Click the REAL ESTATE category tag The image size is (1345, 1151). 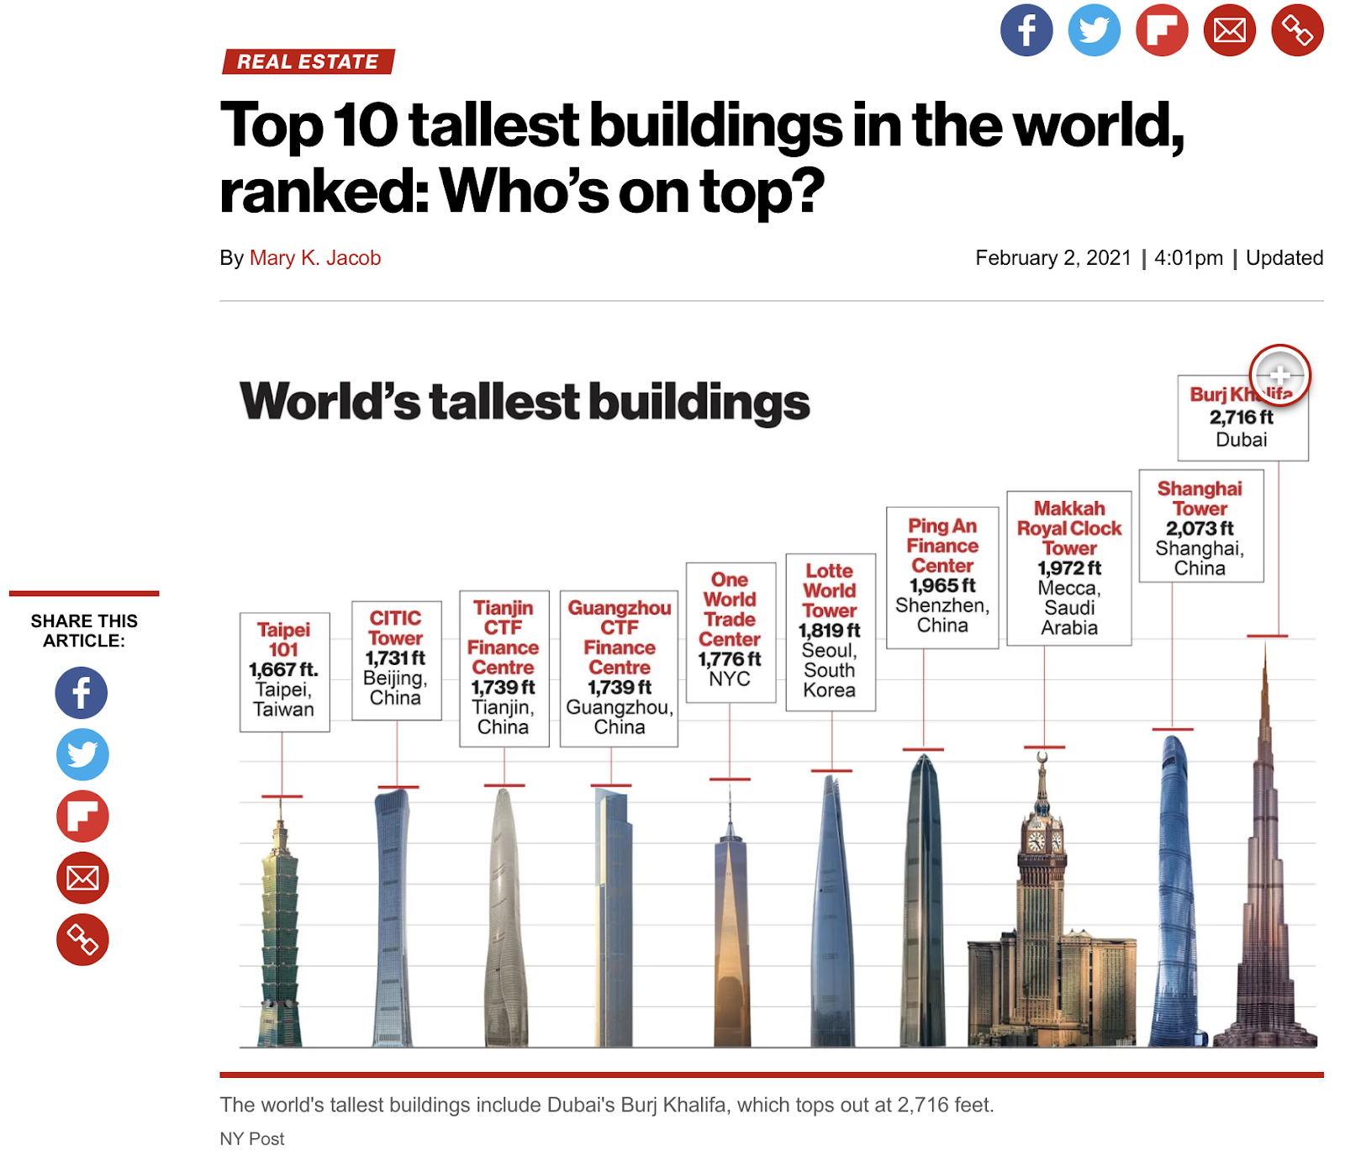pyautogui.click(x=308, y=61)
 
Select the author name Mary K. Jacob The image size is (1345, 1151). pyautogui.click(x=315, y=258)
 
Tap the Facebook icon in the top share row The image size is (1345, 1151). pyautogui.click(x=1026, y=30)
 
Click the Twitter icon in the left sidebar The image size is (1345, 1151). pyautogui.click(x=82, y=754)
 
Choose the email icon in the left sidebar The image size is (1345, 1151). pyautogui.click(x=82, y=878)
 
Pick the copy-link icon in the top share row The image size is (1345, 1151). pyautogui.click(x=1297, y=30)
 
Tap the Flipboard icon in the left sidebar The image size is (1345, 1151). pyautogui.click(x=82, y=816)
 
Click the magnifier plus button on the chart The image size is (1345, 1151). pyautogui.click(x=1279, y=375)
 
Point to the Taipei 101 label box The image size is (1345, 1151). pyautogui.click(x=284, y=671)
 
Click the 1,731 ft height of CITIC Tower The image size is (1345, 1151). pyautogui.click(x=395, y=658)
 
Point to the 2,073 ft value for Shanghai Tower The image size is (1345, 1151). pyautogui.click(x=1200, y=529)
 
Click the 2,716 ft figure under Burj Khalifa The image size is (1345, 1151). pyautogui.click(x=1241, y=418)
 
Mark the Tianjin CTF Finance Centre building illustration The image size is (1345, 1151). pyautogui.click(x=504, y=916)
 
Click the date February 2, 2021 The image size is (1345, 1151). pyautogui.click(x=1053, y=258)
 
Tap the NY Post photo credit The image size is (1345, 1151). pyautogui.click(x=252, y=1138)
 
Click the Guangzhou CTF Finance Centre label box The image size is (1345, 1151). pyautogui.click(x=620, y=668)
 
